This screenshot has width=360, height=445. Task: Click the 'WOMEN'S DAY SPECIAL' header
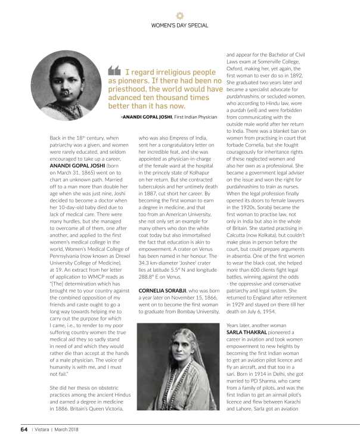[x=180, y=26]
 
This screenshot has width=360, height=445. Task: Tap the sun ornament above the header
[x=180, y=14]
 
